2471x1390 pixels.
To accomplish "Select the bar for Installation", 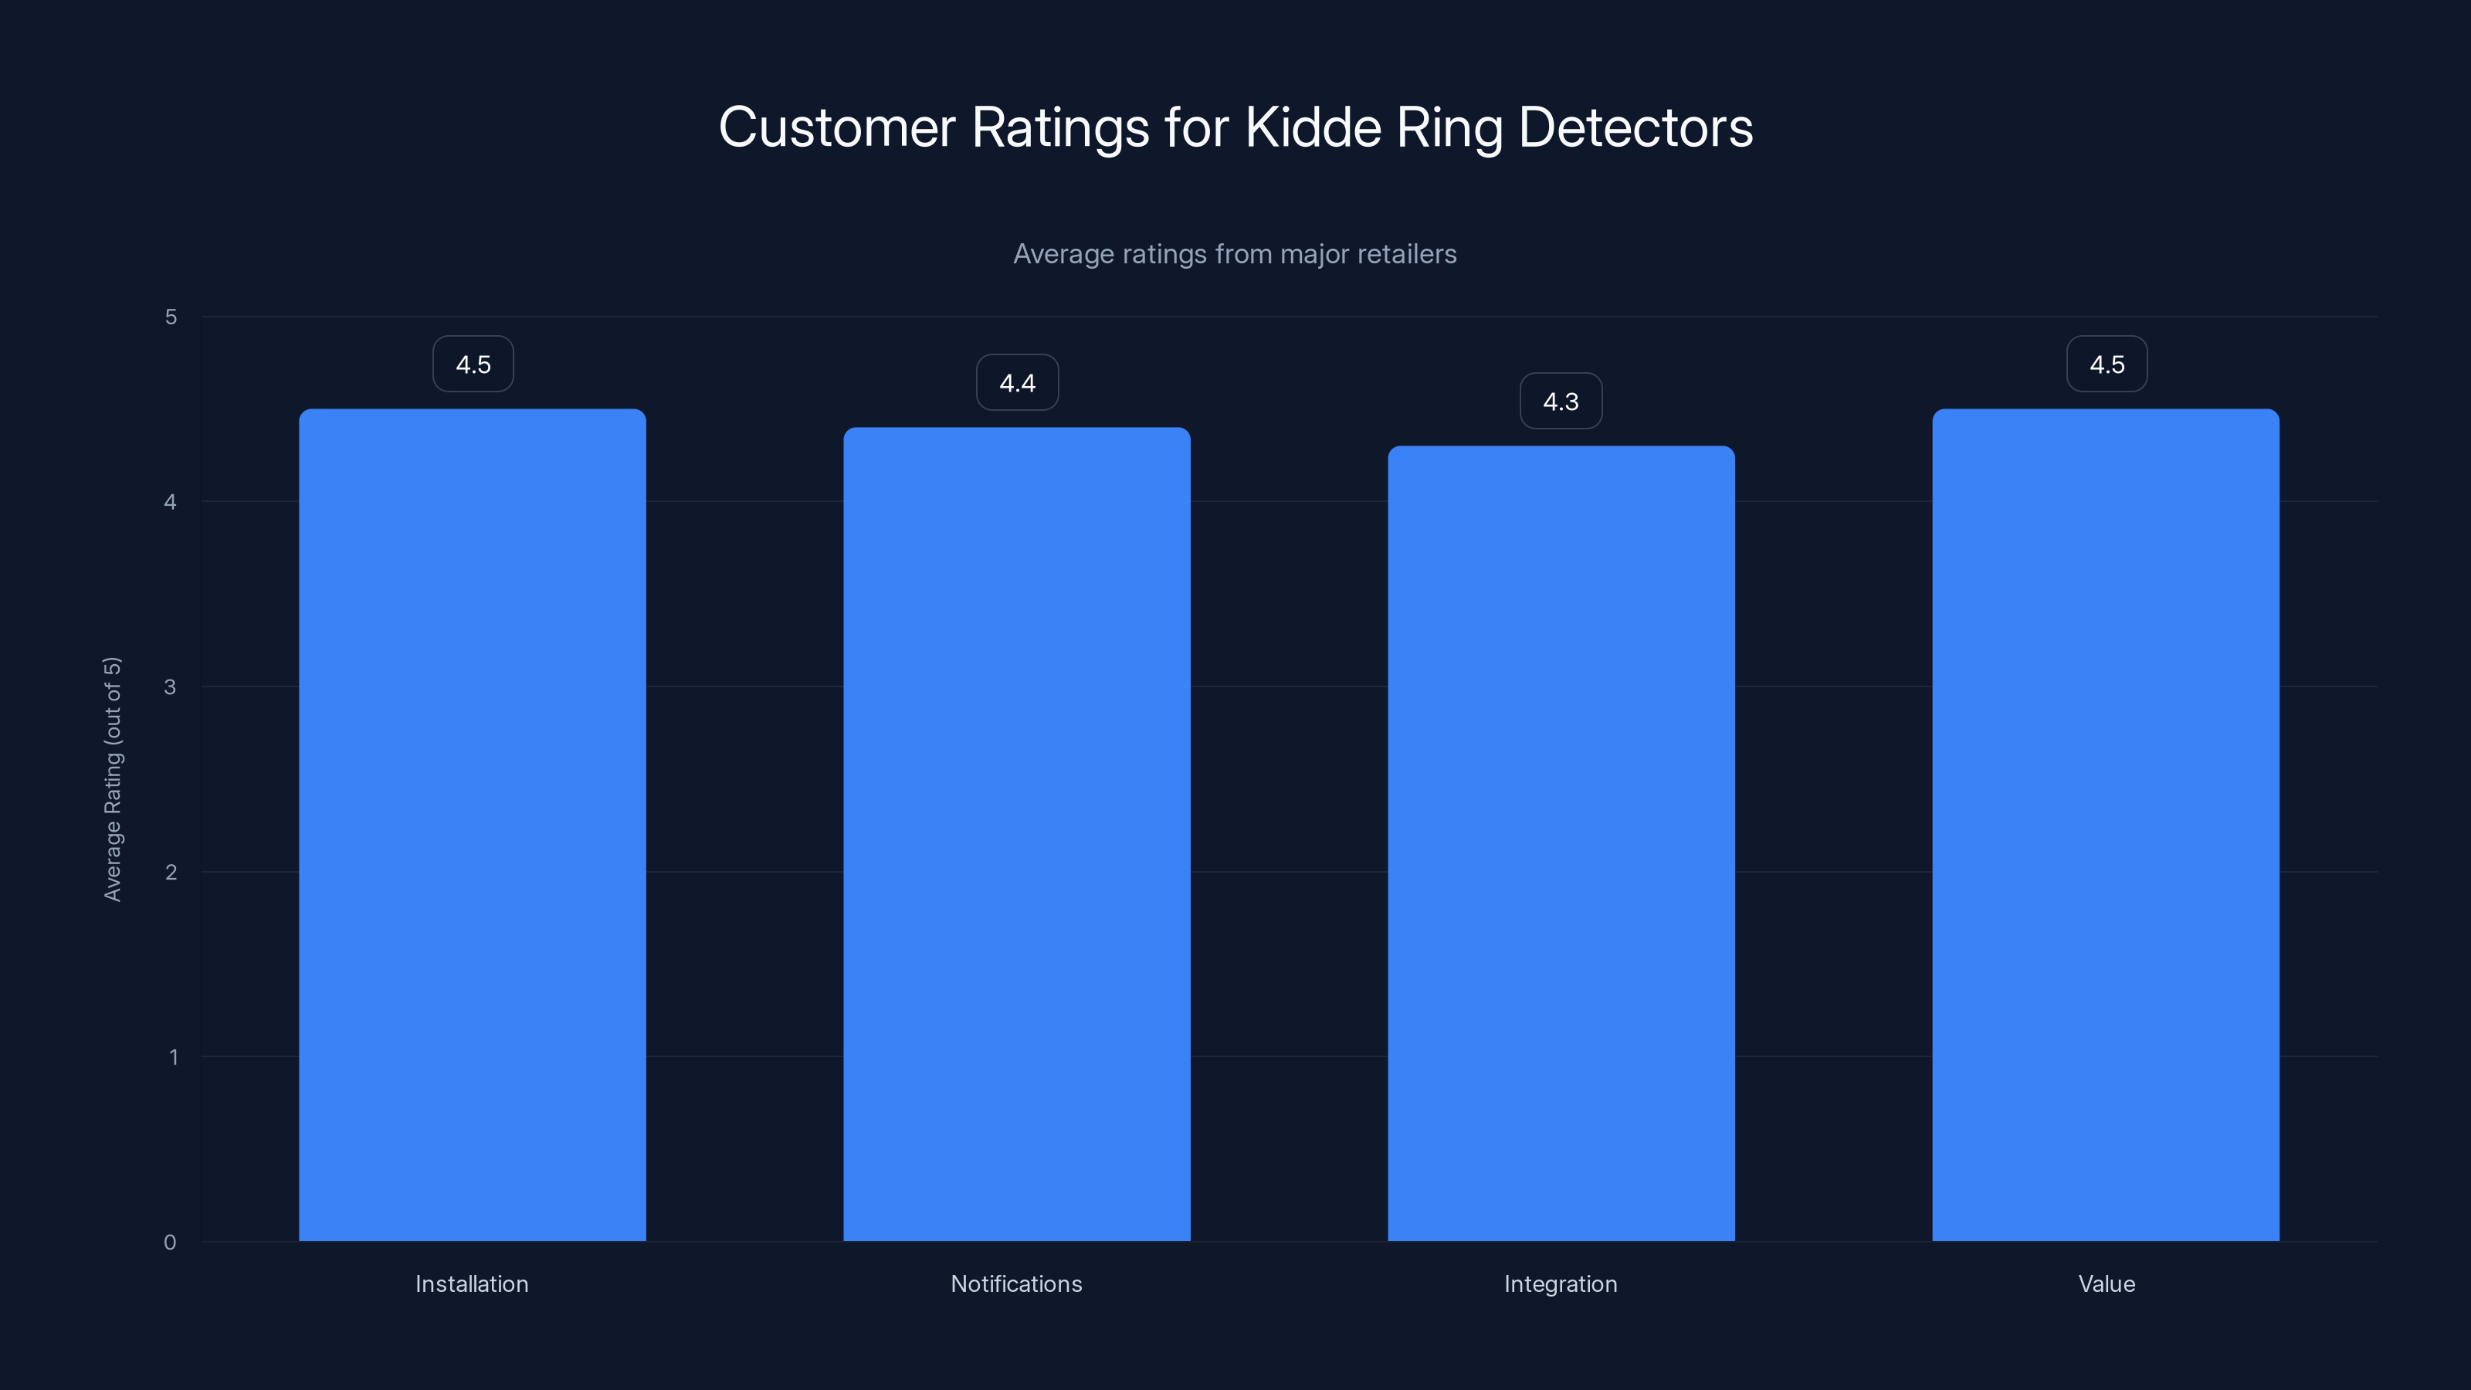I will coord(472,825).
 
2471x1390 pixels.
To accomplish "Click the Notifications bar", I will coord(1017,835).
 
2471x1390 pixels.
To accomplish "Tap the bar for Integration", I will coord(1561,844).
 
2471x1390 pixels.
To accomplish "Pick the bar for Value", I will coord(2106,825).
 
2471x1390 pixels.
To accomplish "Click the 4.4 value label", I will coord(1017,383).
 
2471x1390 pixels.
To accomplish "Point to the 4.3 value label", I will coord(1561,401).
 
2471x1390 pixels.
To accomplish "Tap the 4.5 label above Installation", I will coord(473,364).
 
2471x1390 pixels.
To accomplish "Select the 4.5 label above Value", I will coord(2107,364).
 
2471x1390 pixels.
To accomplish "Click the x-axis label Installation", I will coord(472,1283).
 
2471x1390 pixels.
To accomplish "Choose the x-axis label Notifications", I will coord(1016,1283).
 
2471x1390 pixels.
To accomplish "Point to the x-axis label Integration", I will coord(1561,1283).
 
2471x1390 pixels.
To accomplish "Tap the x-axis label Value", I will coord(2107,1283).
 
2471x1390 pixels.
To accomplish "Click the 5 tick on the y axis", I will coord(171,317).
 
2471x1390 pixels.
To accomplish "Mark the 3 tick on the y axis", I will coord(171,687).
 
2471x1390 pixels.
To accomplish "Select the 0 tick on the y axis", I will coord(170,1243).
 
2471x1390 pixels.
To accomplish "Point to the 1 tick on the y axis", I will coord(173,1057).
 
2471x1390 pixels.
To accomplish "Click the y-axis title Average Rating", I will coord(112,779).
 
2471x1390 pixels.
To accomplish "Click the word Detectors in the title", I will coord(1635,127).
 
